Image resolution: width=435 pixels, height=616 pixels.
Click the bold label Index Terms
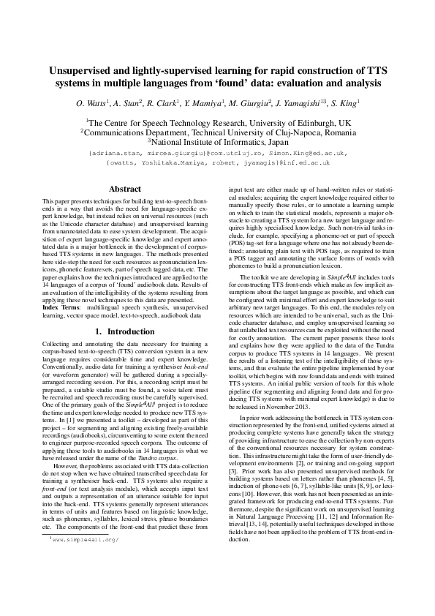click(x=64, y=309)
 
